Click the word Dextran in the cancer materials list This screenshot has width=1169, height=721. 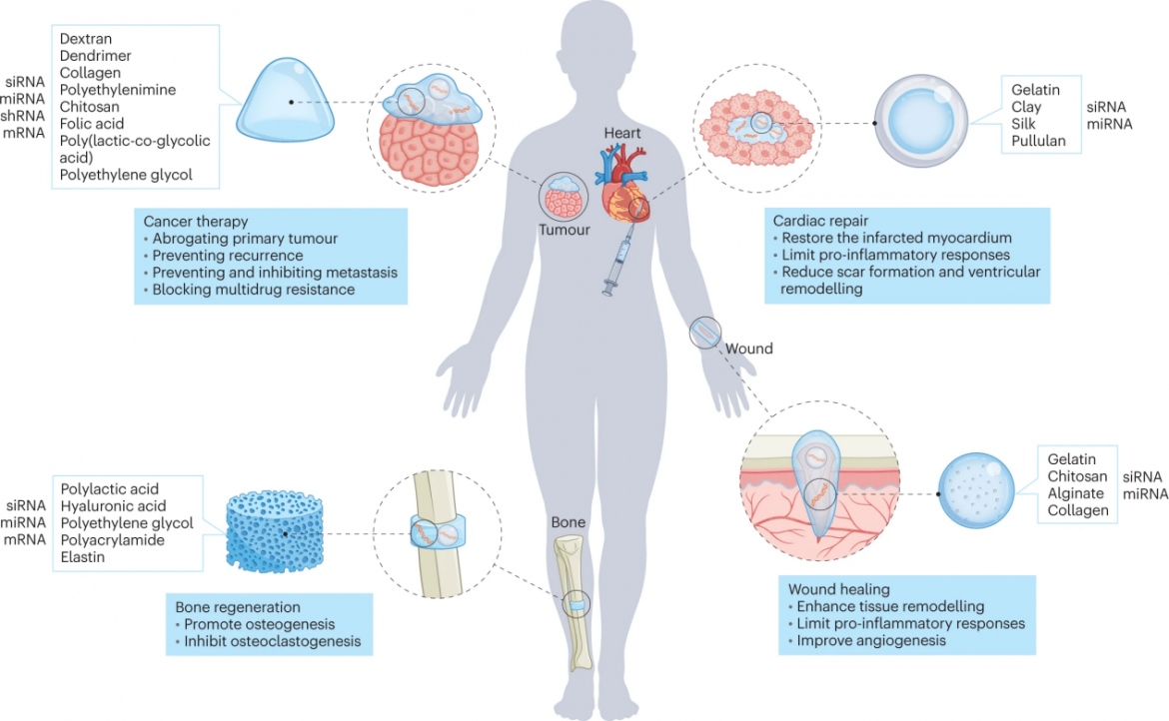click(86, 39)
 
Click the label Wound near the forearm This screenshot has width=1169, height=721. click(749, 349)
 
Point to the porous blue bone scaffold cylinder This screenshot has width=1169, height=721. click(275, 531)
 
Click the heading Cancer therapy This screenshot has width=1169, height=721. click(195, 222)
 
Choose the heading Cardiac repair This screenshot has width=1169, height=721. click(821, 221)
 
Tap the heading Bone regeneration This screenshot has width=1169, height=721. click(238, 607)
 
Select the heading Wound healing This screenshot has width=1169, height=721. click(838, 589)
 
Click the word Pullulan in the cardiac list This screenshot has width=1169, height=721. click(1038, 141)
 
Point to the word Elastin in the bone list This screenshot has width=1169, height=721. click(83, 557)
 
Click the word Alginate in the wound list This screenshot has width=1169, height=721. click(1076, 493)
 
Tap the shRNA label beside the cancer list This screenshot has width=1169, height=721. click(23, 116)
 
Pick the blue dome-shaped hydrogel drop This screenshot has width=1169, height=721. click(285, 101)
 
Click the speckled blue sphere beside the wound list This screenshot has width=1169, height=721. click(976, 490)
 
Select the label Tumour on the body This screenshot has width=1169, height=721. click(565, 230)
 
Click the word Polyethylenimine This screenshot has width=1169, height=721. click(118, 90)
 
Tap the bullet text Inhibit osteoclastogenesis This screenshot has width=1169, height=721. click(272, 641)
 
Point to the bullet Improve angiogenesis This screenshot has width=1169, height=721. click(871, 640)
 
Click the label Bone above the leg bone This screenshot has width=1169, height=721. click(569, 522)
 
